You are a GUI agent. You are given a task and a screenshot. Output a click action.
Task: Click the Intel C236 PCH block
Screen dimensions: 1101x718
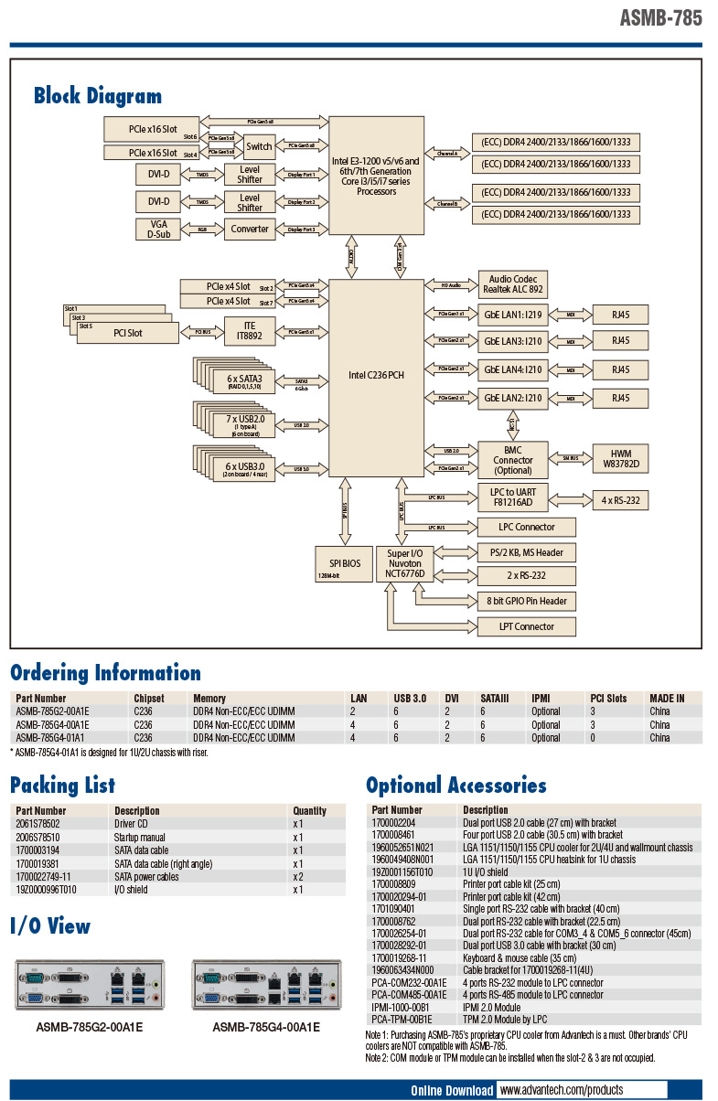[x=375, y=375]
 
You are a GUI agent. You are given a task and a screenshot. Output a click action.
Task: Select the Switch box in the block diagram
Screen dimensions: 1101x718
[x=259, y=145]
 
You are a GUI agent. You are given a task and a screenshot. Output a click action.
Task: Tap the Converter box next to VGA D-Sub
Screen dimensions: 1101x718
[x=250, y=229]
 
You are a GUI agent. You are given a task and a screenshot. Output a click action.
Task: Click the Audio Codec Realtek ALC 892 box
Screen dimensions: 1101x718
[x=513, y=283]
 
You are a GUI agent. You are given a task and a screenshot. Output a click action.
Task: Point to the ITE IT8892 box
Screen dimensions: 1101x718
[x=249, y=331]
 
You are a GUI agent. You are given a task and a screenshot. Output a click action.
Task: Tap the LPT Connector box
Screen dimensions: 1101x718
[x=527, y=626]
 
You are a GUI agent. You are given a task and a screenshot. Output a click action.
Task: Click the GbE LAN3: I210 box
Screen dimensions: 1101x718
[x=513, y=341]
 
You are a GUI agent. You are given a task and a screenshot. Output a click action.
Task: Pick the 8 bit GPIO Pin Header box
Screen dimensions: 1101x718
[x=527, y=601]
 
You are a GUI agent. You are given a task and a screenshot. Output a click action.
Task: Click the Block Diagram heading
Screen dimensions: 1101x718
[x=98, y=96]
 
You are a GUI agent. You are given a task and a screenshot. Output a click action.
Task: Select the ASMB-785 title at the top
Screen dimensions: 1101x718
[x=660, y=17]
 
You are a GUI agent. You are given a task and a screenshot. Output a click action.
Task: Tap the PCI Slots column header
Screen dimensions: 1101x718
[x=608, y=698]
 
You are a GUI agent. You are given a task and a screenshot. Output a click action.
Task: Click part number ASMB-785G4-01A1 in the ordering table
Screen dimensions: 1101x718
[x=51, y=737]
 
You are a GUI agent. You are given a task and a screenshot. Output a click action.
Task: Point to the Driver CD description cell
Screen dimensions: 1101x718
[x=134, y=824]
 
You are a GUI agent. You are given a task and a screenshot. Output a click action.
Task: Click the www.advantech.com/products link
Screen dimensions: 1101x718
[x=562, y=1090]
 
